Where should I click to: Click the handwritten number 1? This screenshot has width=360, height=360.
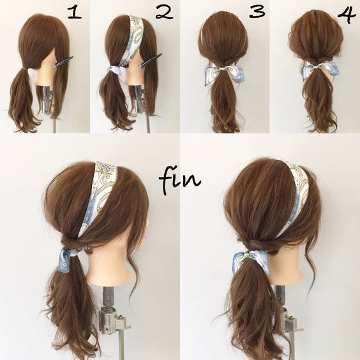(75, 12)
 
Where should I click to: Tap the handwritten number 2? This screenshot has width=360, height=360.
(164, 12)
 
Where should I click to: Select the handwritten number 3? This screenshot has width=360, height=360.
(257, 11)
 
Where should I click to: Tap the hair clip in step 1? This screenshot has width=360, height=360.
(62, 62)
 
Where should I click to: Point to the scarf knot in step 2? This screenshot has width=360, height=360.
(115, 70)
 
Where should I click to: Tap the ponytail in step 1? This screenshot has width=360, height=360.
(23, 99)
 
